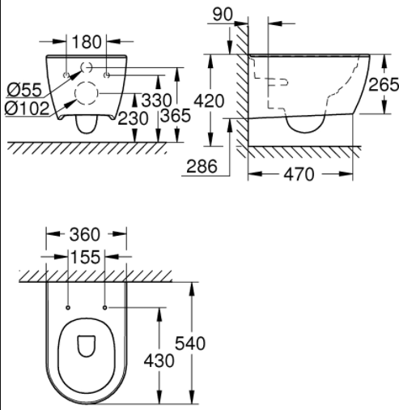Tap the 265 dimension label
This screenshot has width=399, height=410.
(x=384, y=84)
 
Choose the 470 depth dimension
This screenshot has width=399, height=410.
(x=299, y=176)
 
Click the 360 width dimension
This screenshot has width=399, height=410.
(x=85, y=235)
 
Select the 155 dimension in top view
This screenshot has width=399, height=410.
(x=86, y=258)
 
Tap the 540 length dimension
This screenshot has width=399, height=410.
(x=208, y=344)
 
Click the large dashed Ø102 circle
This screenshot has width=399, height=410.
(x=86, y=93)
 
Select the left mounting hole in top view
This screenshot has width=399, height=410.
(x=67, y=308)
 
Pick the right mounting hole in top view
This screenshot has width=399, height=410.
(x=105, y=308)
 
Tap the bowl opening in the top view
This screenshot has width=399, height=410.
(x=86, y=347)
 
